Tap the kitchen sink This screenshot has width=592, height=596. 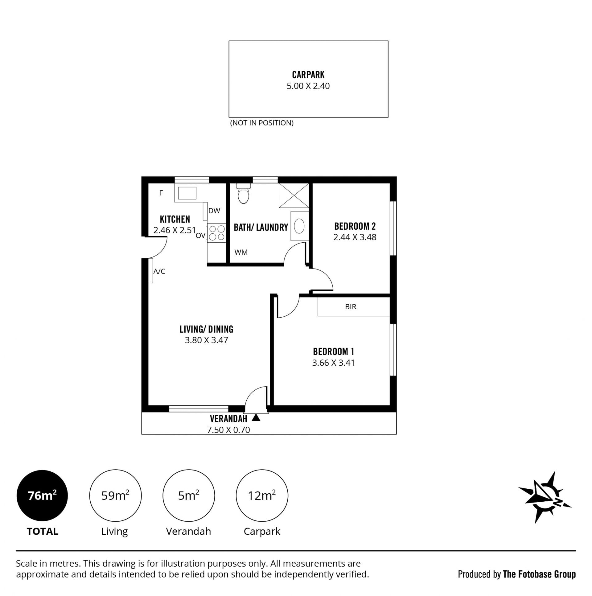(x=187, y=193)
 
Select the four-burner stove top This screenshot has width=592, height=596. (x=217, y=233)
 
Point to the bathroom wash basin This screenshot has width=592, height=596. (x=299, y=226)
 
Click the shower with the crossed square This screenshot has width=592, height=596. (x=294, y=195)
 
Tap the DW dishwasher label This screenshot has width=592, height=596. (x=214, y=211)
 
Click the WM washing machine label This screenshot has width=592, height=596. (x=241, y=252)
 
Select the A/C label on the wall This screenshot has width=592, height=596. (x=159, y=271)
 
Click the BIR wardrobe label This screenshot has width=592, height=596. (x=351, y=307)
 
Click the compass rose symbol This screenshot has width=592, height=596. (x=545, y=498)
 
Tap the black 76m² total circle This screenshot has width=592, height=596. (x=42, y=496)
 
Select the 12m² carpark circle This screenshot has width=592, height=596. (x=262, y=496)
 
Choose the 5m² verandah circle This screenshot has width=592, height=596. (x=189, y=496)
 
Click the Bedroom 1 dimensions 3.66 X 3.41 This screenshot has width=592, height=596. (x=334, y=363)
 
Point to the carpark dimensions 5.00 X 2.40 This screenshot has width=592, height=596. (x=308, y=86)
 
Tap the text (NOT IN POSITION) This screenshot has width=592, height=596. (x=262, y=123)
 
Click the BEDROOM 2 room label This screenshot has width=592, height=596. (x=355, y=226)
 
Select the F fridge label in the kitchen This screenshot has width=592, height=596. (x=161, y=193)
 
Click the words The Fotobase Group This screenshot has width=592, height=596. (x=539, y=574)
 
